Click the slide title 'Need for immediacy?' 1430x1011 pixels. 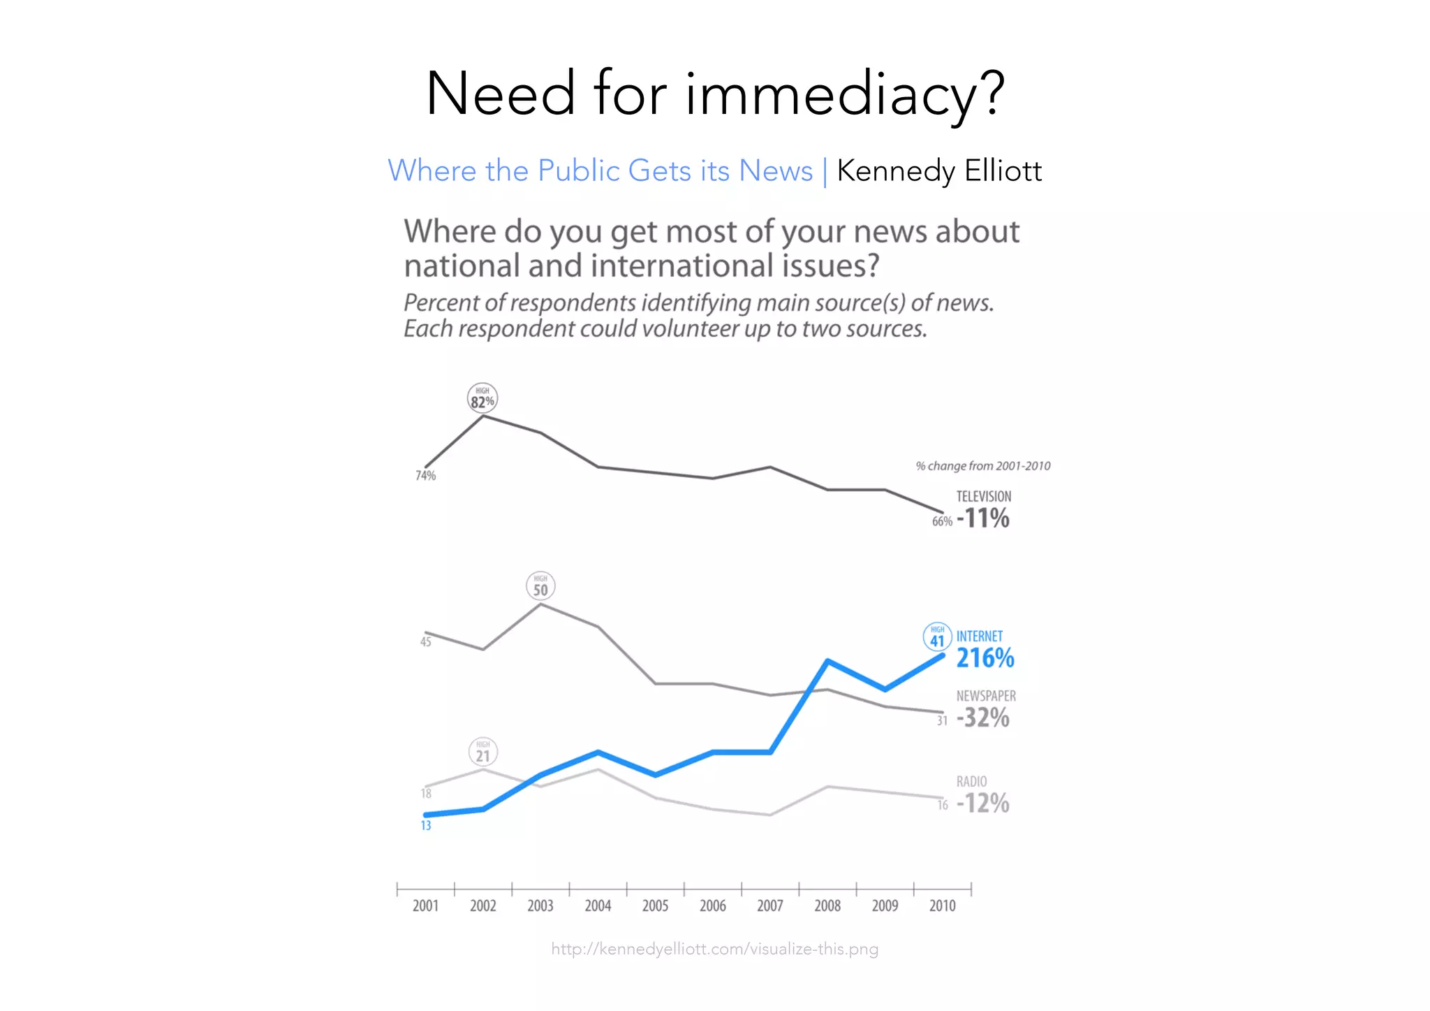(715, 94)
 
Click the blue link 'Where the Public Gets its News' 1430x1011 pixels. (600, 171)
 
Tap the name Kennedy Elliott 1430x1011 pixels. (939, 171)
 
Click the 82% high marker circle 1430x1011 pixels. (482, 398)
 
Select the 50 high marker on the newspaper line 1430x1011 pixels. (540, 586)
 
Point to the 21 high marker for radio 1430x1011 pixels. (482, 752)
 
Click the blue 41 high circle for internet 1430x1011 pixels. (937, 637)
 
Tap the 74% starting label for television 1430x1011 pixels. (425, 476)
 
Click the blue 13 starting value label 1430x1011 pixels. (426, 826)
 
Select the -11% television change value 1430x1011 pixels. (983, 518)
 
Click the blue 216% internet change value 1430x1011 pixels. (985, 658)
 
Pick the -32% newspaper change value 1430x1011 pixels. (983, 718)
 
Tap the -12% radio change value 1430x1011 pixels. (983, 803)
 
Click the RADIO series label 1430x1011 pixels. (971, 781)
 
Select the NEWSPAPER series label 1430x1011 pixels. (986, 696)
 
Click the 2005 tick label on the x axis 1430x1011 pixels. (655, 906)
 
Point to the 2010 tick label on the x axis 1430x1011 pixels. (942, 906)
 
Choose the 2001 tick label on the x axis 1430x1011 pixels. (425, 906)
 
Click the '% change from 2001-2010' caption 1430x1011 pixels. (983, 466)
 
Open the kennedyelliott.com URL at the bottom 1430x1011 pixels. (715, 949)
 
